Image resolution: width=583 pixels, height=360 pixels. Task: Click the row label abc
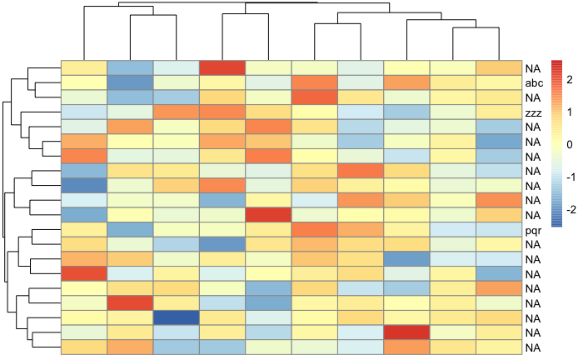coord(535,83)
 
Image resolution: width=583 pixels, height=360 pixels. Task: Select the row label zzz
coord(534,112)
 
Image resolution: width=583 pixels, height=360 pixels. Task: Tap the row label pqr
coord(534,229)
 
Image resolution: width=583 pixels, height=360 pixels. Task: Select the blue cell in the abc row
coord(131,83)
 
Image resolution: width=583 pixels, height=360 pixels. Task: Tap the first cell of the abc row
coord(84,83)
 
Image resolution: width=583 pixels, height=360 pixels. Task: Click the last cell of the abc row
coord(499,83)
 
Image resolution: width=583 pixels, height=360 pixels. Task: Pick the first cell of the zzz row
coord(84,112)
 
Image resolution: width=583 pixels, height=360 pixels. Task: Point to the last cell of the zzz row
coord(499,112)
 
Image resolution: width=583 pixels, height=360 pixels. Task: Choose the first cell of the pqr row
coord(84,229)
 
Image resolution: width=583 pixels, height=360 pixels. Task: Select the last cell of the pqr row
coord(499,229)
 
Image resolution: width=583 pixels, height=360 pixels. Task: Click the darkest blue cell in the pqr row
coord(131,229)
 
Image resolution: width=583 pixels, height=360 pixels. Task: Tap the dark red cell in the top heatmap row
coord(223,68)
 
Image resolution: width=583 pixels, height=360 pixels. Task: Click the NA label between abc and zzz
coord(533,98)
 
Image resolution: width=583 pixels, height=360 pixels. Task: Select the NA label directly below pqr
coord(533,244)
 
